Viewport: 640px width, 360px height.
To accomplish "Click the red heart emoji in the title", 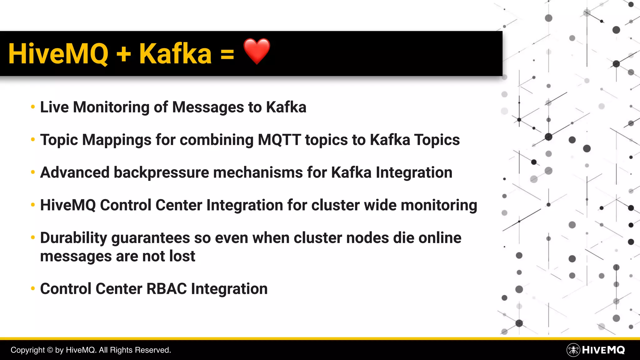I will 257,51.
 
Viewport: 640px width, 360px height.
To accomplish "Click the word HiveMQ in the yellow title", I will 58,54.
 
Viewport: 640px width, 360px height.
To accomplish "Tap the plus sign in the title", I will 124,54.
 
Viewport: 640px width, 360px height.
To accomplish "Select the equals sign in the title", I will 227,54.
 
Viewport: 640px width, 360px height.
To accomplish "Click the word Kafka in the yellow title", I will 175,54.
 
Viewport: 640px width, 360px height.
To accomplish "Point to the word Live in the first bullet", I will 54,107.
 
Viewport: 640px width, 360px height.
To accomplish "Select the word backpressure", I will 161,172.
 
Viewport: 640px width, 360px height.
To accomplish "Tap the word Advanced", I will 75,172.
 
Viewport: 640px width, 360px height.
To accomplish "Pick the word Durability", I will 74,238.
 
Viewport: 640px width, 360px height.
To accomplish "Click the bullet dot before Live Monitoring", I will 33,107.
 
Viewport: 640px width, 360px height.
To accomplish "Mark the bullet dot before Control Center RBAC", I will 33,289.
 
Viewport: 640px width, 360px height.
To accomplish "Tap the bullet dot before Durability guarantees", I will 33,238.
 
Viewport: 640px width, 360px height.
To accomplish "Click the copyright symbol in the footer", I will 50,350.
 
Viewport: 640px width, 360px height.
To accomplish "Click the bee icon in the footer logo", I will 573,350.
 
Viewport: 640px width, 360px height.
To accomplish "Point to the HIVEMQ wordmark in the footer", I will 603,350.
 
